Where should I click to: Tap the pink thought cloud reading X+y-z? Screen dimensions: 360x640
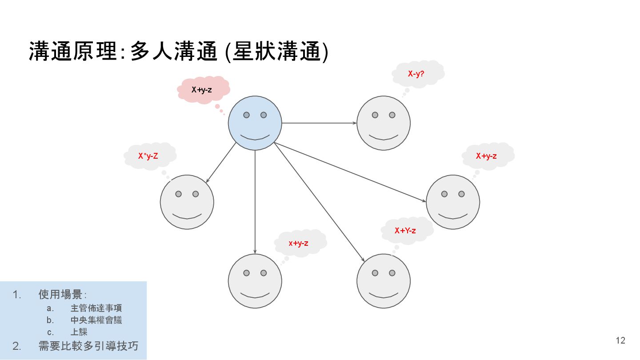click(x=203, y=90)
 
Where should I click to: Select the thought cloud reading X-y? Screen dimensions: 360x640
click(x=417, y=74)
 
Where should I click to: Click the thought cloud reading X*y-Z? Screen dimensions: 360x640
click(x=149, y=156)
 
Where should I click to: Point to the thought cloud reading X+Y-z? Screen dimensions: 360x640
click(x=406, y=230)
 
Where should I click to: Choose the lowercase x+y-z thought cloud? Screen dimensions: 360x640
click(x=299, y=243)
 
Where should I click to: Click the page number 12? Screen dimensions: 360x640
click(x=620, y=340)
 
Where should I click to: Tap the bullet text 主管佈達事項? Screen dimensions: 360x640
click(x=96, y=308)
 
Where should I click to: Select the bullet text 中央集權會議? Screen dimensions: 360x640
click(x=96, y=320)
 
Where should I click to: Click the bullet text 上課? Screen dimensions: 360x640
click(x=79, y=332)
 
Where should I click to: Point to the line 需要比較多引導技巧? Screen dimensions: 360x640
click(x=88, y=346)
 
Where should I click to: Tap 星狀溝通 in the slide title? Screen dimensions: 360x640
click(x=276, y=52)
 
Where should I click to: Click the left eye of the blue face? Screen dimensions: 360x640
click(x=246, y=115)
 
